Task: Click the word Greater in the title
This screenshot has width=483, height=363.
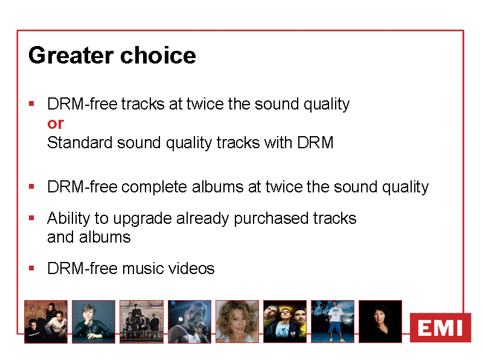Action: click(x=71, y=56)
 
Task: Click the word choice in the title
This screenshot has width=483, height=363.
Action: click(x=158, y=55)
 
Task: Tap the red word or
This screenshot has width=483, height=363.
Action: click(x=56, y=124)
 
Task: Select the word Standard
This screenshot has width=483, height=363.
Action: click(x=80, y=143)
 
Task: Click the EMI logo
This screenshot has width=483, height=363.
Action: click(x=441, y=327)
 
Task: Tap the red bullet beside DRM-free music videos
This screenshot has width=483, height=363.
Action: click(x=31, y=268)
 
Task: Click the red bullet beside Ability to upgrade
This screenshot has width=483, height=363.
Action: click(x=31, y=218)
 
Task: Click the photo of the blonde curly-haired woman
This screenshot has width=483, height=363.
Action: click(x=237, y=322)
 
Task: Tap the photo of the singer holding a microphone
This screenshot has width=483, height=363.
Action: click(x=190, y=322)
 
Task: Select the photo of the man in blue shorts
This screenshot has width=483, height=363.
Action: click(x=333, y=322)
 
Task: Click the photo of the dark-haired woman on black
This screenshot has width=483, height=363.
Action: click(x=380, y=322)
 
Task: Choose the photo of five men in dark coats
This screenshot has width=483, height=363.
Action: click(x=142, y=322)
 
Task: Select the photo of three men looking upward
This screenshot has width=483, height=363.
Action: click(x=285, y=322)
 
